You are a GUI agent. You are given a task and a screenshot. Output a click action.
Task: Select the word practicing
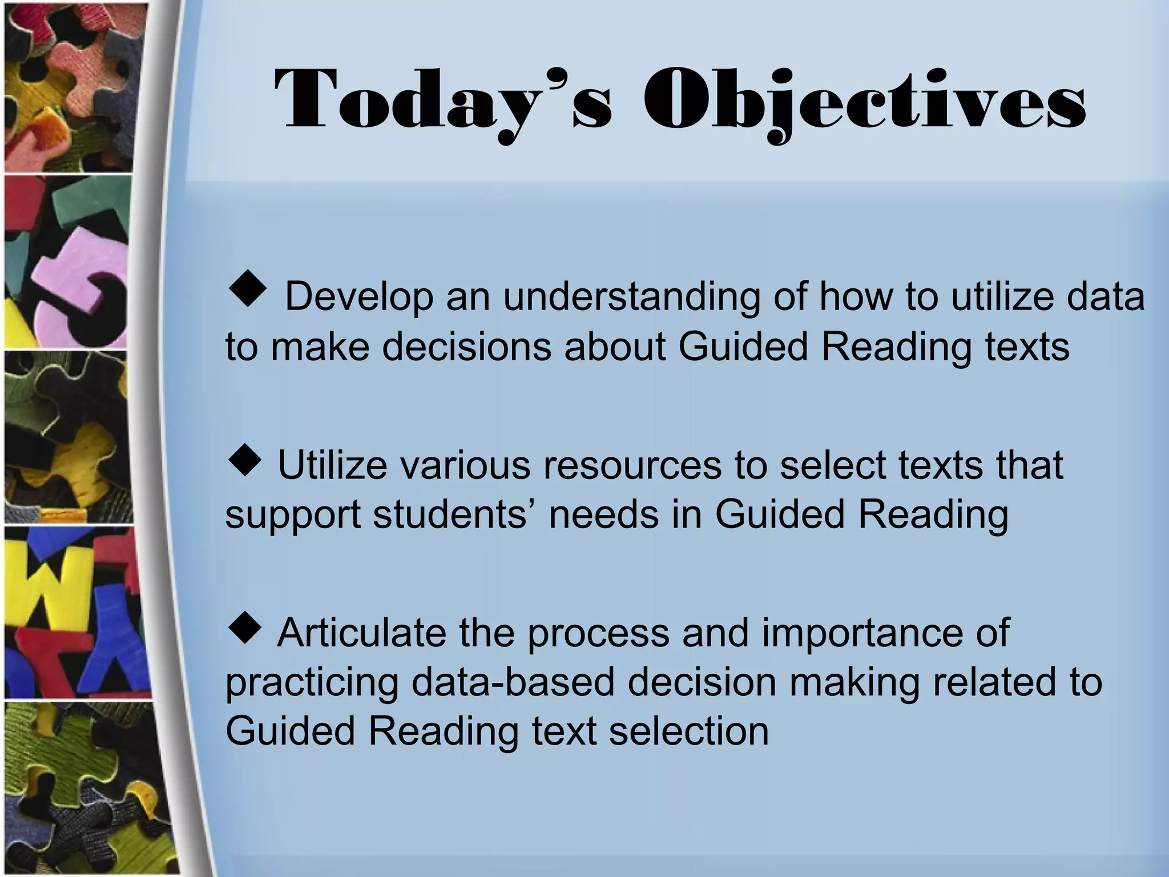pos(312,683)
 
